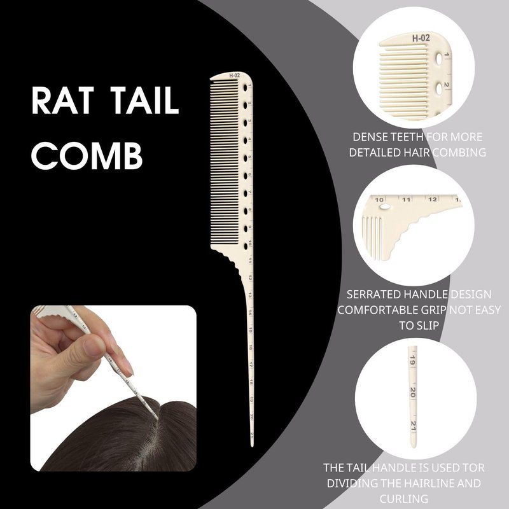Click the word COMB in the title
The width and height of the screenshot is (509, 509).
click(x=87, y=157)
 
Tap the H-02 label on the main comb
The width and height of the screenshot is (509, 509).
click(x=234, y=75)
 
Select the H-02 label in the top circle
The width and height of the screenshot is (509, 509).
click(x=421, y=38)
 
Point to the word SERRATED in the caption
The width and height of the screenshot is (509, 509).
click(x=373, y=295)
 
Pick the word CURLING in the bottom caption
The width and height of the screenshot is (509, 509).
click(x=403, y=499)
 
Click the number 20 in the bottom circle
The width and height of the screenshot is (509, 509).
click(x=412, y=393)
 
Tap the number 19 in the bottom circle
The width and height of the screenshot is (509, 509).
click(x=412, y=360)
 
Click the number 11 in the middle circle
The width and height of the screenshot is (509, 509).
click(x=407, y=199)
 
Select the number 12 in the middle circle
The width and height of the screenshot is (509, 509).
click(x=433, y=199)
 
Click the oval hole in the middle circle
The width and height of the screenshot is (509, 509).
click(x=385, y=206)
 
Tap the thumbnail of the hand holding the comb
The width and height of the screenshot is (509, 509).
click(x=113, y=388)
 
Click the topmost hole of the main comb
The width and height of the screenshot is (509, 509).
click(x=245, y=87)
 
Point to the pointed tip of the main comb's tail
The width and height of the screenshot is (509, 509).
click(x=252, y=447)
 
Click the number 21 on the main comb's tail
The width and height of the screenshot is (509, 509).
click(x=252, y=435)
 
